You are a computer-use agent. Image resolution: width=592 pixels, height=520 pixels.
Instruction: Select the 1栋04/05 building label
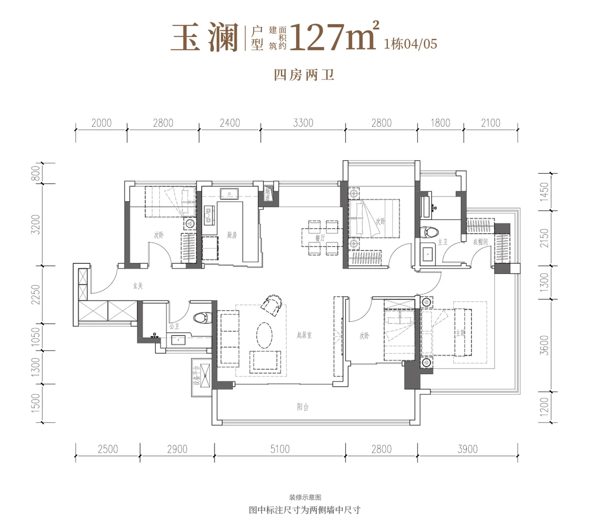(x=410, y=44)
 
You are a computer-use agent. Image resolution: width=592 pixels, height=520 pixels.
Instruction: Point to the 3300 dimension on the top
(x=303, y=123)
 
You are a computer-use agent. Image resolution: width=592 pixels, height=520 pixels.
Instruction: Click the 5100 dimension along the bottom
(x=279, y=449)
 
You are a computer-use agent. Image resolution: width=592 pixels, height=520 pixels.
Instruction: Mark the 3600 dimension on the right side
(x=544, y=345)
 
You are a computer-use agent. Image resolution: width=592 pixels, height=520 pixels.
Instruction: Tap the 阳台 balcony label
(x=303, y=407)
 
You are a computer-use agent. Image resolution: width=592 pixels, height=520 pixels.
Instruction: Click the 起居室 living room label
(x=304, y=335)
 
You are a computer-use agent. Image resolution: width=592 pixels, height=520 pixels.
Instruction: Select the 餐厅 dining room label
(x=320, y=238)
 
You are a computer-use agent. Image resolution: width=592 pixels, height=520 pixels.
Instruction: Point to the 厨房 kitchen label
(x=232, y=235)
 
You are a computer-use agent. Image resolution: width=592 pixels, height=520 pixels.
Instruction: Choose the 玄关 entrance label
(x=138, y=286)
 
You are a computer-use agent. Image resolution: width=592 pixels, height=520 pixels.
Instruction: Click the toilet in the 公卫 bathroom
(x=202, y=318)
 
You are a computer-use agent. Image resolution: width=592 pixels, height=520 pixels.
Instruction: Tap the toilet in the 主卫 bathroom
(x=429, y=232)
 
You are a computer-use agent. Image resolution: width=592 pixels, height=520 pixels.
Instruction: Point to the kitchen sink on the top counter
(x=230, y=194)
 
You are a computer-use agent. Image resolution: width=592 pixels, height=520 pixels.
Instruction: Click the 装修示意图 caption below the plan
(x=304, y=497)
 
